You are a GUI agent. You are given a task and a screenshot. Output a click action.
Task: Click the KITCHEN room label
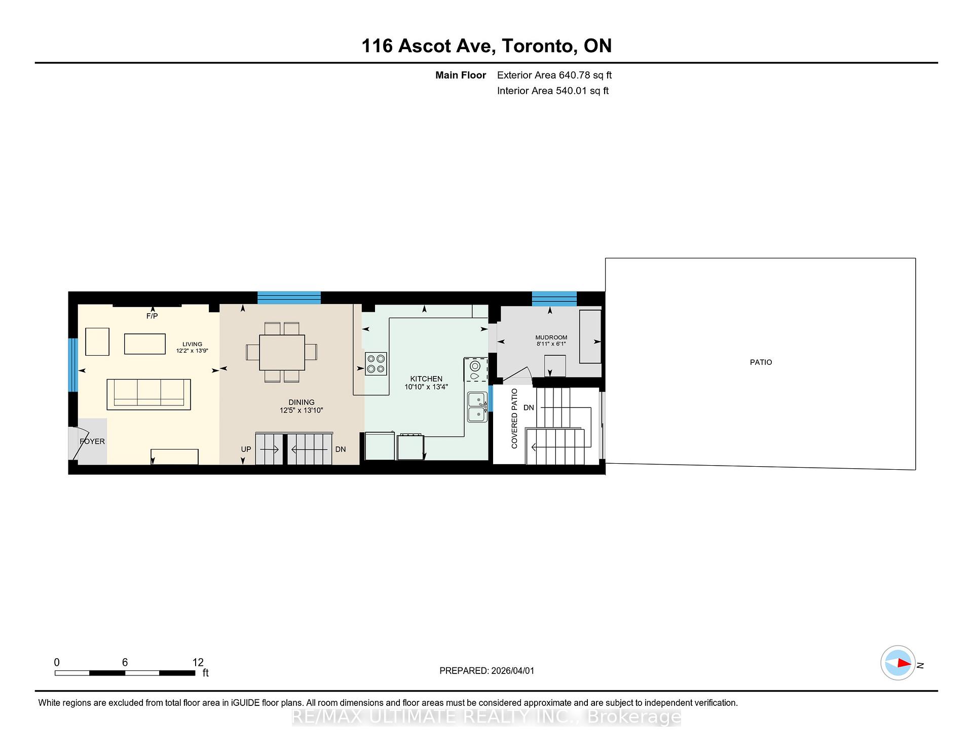click(426, 379)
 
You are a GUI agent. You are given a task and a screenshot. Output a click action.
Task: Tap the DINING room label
click(302, 402)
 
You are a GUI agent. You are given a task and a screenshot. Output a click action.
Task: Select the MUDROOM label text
click(551, 337)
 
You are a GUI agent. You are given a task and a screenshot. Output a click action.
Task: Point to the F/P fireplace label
click(152, 316)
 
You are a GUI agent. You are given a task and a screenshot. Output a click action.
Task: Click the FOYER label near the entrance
click(92, 441)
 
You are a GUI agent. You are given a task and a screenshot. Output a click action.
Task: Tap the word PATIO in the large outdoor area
click(761, 362)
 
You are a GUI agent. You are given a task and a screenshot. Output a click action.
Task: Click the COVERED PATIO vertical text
click(514, 419)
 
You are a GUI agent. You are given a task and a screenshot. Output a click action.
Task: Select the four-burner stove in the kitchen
click(376, 364)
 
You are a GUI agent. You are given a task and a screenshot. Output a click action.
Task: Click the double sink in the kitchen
click(477, 407)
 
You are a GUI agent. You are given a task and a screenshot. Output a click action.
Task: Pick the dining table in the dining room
click(282, 352)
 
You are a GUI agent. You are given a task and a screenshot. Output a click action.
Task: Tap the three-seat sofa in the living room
click(148, 394)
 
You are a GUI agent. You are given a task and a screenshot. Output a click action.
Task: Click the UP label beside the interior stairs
click(246, 449)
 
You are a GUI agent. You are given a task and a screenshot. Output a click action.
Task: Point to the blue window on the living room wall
click(73, 365)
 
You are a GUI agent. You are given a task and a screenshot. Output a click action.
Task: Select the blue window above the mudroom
click(554, 298)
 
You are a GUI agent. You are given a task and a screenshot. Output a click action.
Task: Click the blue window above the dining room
click(289, 297)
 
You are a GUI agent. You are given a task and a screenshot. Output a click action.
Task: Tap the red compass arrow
click(904, 663)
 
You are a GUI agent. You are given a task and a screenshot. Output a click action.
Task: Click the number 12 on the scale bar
click(198, 662)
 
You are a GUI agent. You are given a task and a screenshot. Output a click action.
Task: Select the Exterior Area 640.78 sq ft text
click(554, 76)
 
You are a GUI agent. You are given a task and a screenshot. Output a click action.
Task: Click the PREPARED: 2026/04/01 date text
click(486, 670)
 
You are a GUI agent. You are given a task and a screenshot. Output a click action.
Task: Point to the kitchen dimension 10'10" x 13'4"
click(426, 387)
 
